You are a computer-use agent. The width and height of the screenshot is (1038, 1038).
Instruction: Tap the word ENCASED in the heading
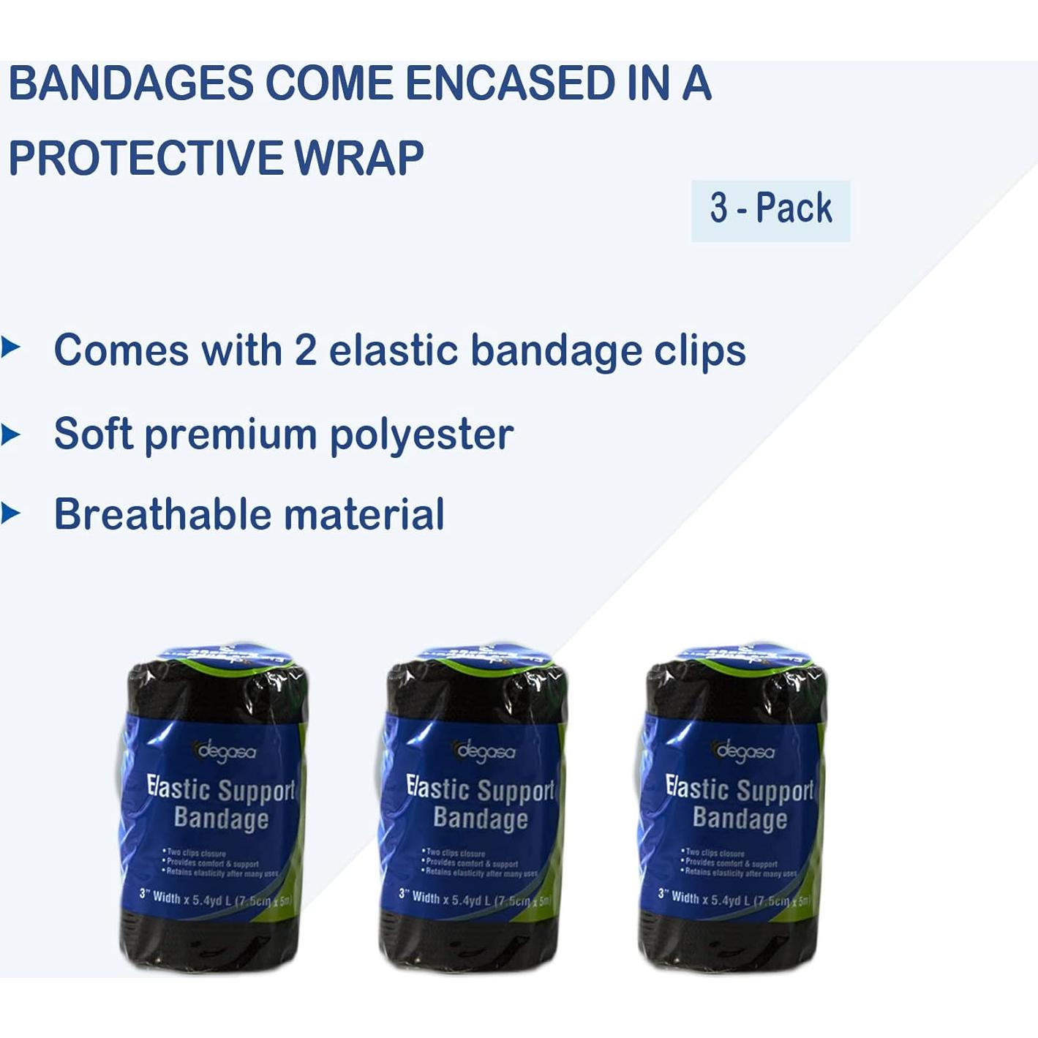[510, 83]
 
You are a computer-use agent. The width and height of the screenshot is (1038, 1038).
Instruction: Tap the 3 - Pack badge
[770, 209]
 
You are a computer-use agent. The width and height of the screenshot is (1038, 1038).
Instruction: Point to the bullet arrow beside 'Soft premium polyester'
[10, 435]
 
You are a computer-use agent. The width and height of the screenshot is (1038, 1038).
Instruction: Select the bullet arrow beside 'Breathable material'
[10, 514]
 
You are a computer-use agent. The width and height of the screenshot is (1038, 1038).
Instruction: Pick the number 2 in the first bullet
[305, 350]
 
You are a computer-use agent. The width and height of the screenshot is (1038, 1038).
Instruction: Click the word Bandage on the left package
[221, 819]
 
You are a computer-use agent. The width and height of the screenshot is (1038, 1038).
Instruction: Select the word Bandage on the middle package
[480, 819]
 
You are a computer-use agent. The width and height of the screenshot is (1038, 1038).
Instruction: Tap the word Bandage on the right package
[740, 819]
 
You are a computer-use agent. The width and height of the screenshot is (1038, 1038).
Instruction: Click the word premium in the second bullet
[230, 436]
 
